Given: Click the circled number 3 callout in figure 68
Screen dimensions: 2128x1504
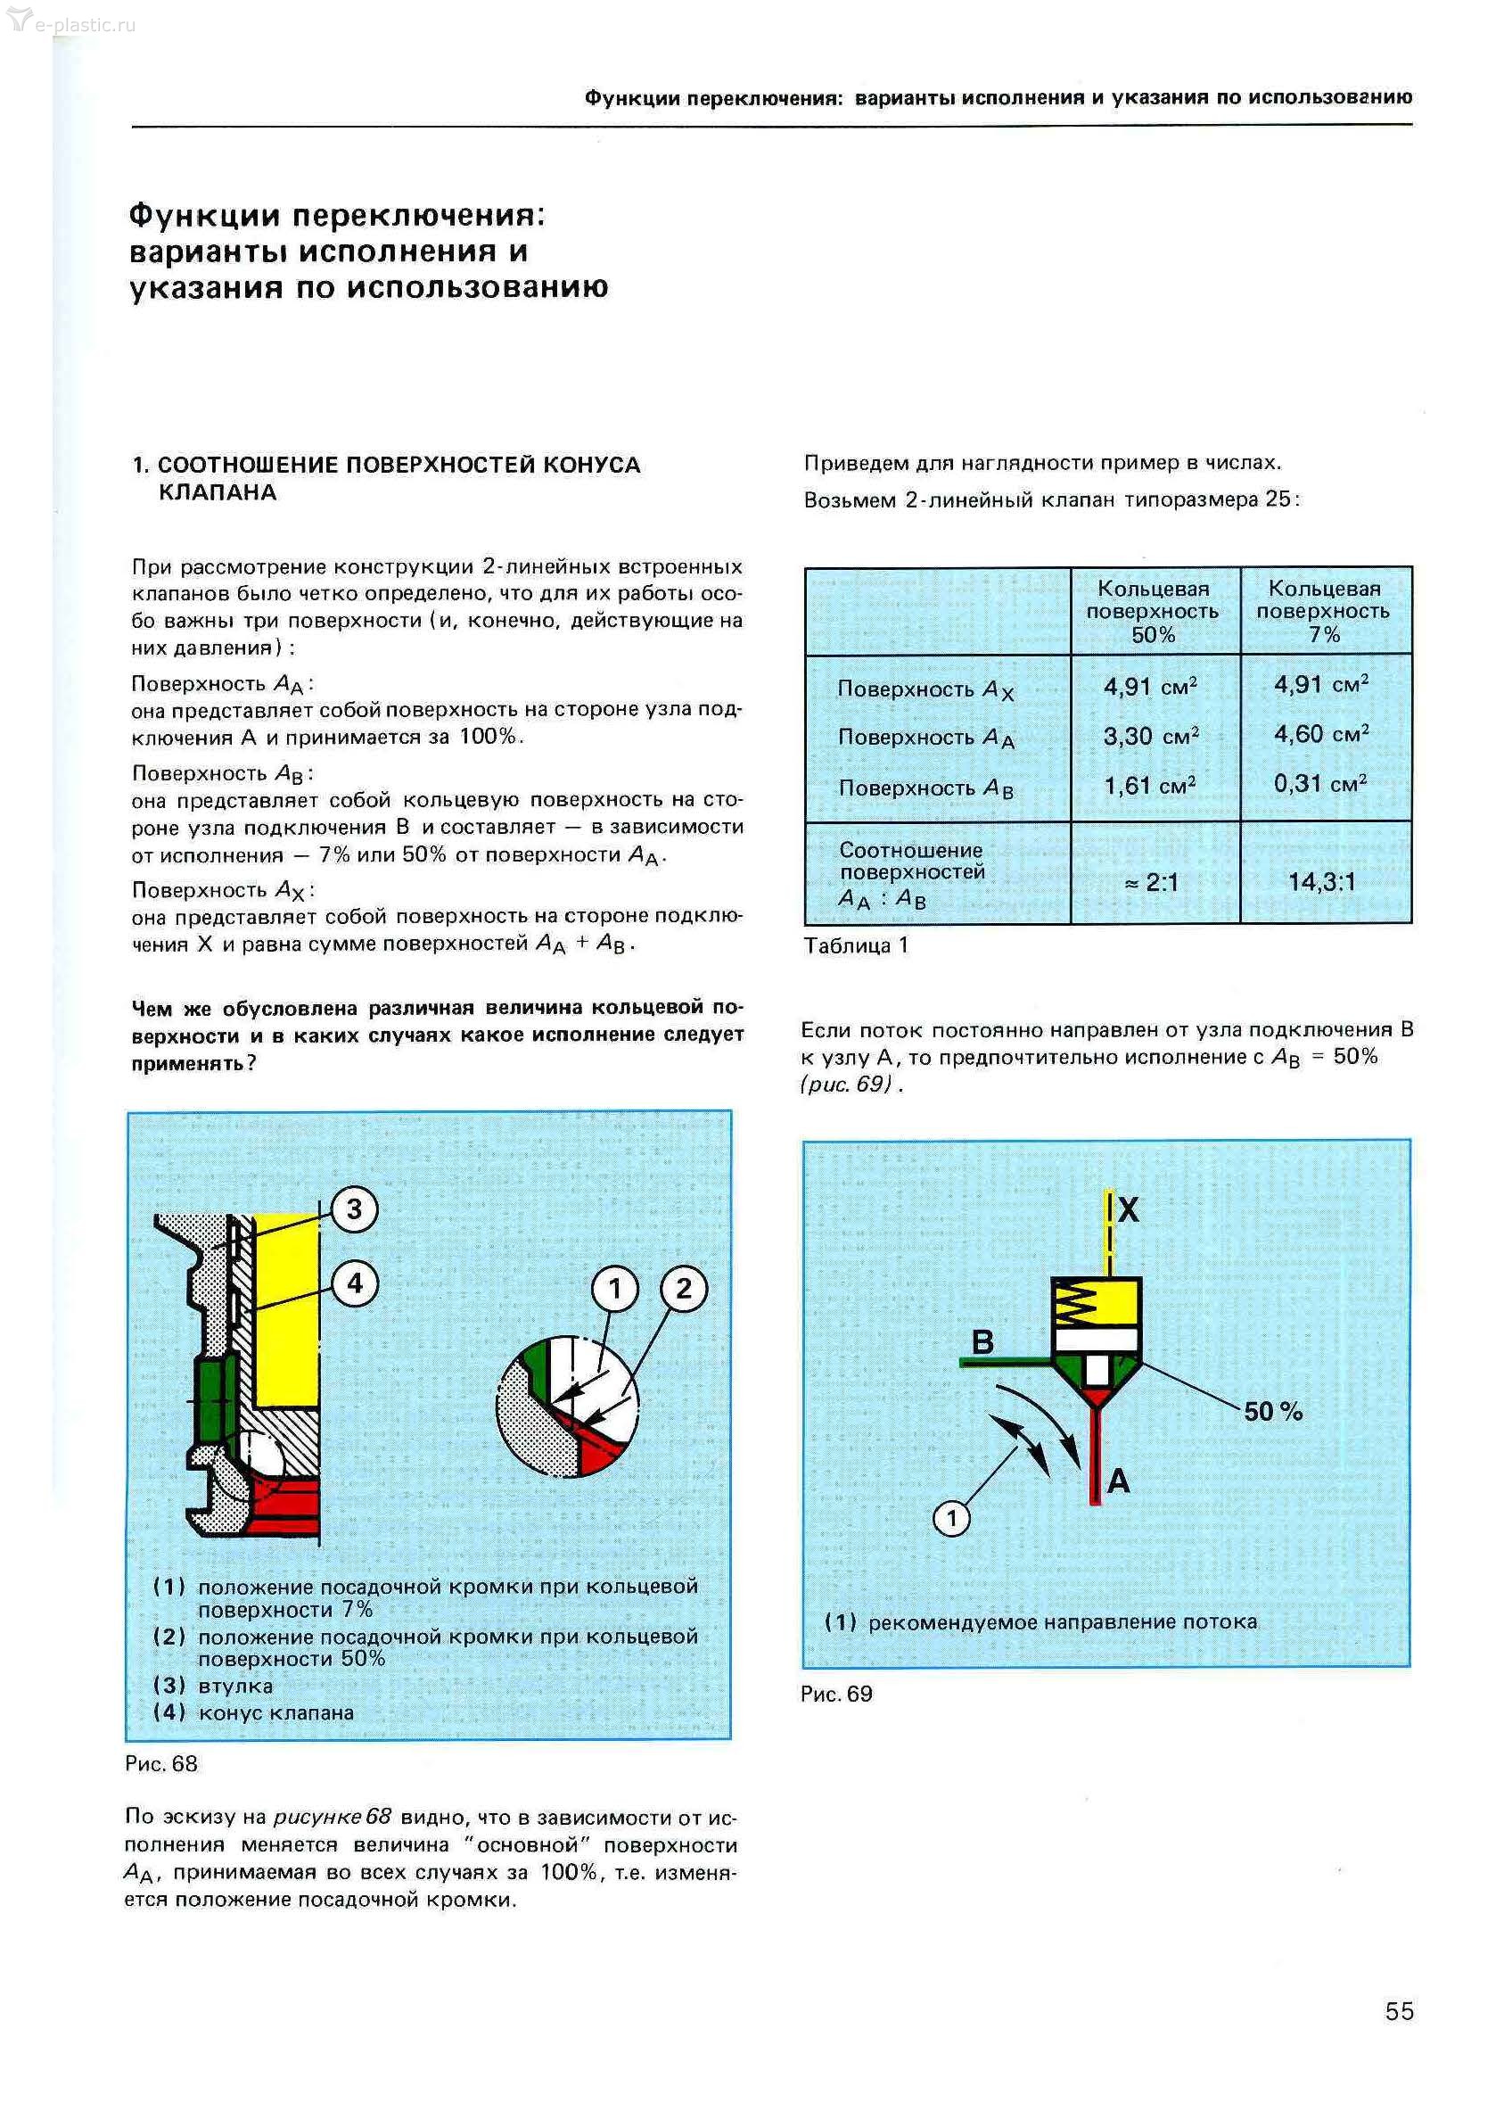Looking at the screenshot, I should click(x=354, y=1208).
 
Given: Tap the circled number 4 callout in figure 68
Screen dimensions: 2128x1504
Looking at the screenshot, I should click(x=354, y=1283).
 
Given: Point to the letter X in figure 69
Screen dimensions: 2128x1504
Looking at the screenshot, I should click(x=1128, y=1209).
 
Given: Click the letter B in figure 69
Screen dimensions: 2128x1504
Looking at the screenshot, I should click(x=982, y=1341).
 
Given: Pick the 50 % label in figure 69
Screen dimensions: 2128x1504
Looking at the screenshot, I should click(x=1272, y=1412).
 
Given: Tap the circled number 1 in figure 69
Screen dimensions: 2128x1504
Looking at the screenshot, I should click(x=950, y=1518).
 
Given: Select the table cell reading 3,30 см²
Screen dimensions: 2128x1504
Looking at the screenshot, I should click(x=1151, y=737).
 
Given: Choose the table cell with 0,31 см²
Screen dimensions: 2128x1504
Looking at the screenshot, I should click(x=1320, y=784).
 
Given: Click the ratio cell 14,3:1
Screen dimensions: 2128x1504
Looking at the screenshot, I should click(x=1321, y=881).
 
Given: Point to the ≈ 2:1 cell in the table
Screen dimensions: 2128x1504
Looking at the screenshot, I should click(x=1151, y=882).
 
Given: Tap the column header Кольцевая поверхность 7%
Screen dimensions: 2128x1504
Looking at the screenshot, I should click(x=1323, y=612).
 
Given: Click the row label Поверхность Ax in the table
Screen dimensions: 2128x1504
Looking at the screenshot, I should click(x=925, y=689).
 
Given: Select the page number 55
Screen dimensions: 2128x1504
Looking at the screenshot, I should click(x=1400, y=2010).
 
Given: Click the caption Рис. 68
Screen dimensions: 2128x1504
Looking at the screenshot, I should click(x=162, y=1764).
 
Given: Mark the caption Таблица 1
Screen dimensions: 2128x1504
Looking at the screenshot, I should click(x=855, y=945).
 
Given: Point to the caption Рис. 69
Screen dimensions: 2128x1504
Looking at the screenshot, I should click(x=837, y=1694).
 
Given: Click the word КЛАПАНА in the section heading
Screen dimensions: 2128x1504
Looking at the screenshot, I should click(x=218, y=492).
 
